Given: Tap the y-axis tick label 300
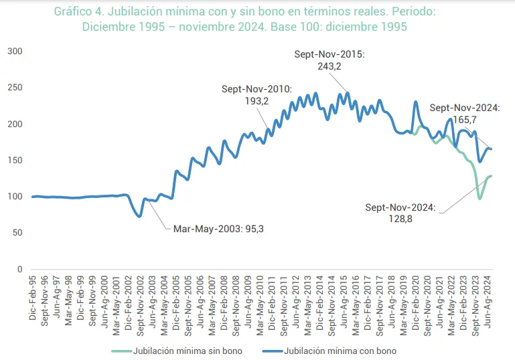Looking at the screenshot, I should pos(14,52).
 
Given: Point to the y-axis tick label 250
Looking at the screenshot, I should pos(14,88).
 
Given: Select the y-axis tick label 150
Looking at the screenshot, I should pos(14,161).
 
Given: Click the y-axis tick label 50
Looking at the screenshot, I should pos(17,233).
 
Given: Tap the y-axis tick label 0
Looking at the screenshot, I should pos(19,269).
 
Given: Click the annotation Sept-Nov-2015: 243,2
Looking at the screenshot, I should pos(329,61).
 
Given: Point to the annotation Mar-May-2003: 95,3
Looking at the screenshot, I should pos(218,228).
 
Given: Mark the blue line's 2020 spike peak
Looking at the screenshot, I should pos(416,102).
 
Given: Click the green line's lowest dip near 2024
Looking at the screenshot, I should pos(480,199).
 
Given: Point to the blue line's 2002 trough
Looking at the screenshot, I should pos(139,216).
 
